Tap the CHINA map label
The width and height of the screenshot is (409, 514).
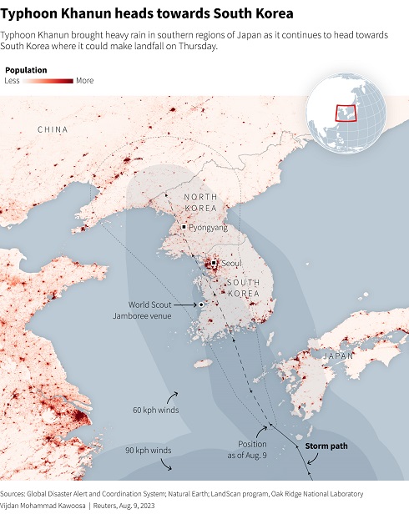[53, 129]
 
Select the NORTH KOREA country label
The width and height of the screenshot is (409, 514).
[200, 202]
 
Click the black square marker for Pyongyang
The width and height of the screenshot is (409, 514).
[184, 226]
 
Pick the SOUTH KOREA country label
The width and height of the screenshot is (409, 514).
[244, 288]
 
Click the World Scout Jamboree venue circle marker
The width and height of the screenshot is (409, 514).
[201, 306]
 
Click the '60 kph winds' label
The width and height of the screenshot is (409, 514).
[155, 410]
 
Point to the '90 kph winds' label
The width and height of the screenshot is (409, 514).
[149, 451]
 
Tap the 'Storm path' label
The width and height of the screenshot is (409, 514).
[326, 446]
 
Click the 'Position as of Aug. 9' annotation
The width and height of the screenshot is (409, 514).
[253, 448]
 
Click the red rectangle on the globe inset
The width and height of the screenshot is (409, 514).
[345, 112]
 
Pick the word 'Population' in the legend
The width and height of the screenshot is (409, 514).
[25, 70]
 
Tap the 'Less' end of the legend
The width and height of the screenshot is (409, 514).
[12, 81]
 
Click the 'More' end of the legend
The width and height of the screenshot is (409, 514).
[85, 81]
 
